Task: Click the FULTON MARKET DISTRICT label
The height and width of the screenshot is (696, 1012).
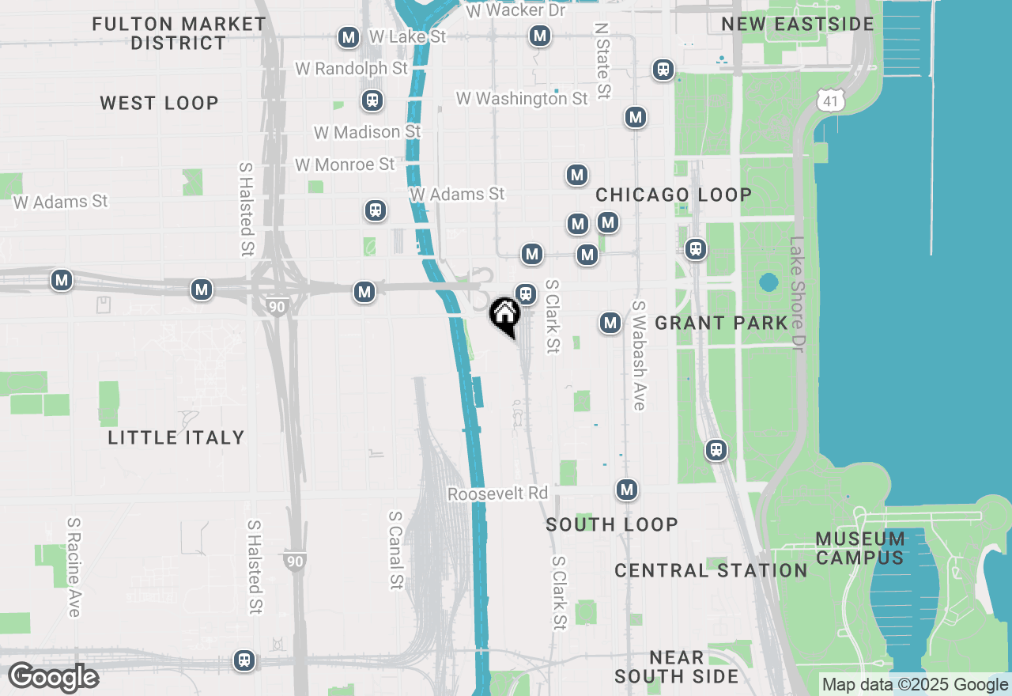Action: click(179, 33)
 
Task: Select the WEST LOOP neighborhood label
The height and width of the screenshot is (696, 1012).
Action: click(159, 103)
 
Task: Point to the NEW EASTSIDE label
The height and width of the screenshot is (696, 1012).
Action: click(798, 24)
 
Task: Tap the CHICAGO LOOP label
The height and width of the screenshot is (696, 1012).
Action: click(674, 195)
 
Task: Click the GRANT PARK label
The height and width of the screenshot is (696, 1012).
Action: click(721, 323)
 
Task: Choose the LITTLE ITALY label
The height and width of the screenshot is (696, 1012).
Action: click(176, 437)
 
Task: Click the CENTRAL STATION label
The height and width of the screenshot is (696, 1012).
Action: click(711, 570)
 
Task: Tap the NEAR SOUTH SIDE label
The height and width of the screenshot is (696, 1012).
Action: click(676, 667)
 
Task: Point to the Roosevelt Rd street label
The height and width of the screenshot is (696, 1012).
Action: click(497, 494)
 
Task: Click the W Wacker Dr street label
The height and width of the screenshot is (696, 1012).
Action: click(515, 10)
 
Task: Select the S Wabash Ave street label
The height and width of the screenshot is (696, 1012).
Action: click(639, 355)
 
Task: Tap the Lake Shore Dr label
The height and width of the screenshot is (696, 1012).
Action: click(797, 293)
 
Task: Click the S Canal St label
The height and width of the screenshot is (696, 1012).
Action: click(395, 550)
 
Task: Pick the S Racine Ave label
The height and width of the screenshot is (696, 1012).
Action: click(74, 567)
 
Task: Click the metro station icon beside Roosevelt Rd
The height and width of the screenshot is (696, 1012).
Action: click(627, 490)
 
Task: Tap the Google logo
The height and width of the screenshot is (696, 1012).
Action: click(53, 677)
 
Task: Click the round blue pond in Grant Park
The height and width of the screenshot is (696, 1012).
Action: click(768, 282)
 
